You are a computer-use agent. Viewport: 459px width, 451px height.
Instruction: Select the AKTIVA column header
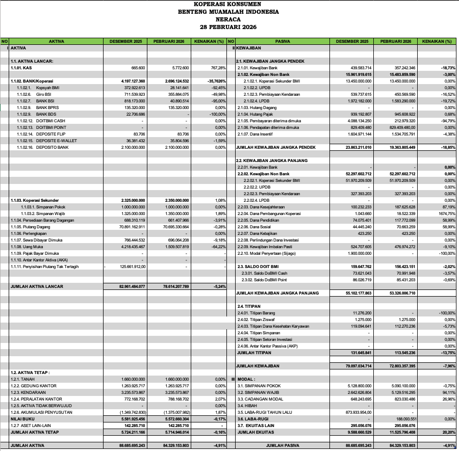[x=56, y=41]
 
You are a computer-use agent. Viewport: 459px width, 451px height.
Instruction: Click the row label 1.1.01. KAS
[x=21, y=67]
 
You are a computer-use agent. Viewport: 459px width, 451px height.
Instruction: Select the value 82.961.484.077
[x=132, y=286]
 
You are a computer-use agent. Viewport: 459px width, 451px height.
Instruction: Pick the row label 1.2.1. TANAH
[x=23, y=379]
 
